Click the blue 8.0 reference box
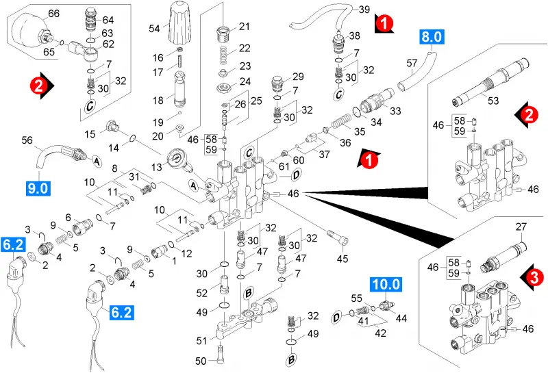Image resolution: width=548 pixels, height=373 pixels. [432, 37]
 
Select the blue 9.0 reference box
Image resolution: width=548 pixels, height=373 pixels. [38, 188]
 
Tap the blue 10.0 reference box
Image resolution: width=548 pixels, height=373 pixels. [386, 284]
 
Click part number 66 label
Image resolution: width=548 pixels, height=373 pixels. [54, 14]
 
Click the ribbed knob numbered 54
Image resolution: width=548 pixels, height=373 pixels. [181, 23]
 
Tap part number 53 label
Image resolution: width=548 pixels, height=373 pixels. [493, 101]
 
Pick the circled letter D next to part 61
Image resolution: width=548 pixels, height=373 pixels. [296, 175]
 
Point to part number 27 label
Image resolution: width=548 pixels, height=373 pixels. [521, 227]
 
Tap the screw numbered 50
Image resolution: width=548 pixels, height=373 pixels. [221, 354]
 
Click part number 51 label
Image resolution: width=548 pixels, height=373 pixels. [201, 340]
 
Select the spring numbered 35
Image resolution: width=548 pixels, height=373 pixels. [340, 122]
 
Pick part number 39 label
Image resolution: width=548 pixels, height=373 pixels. [364, 10]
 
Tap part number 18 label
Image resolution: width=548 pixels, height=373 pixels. [158, 101]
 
